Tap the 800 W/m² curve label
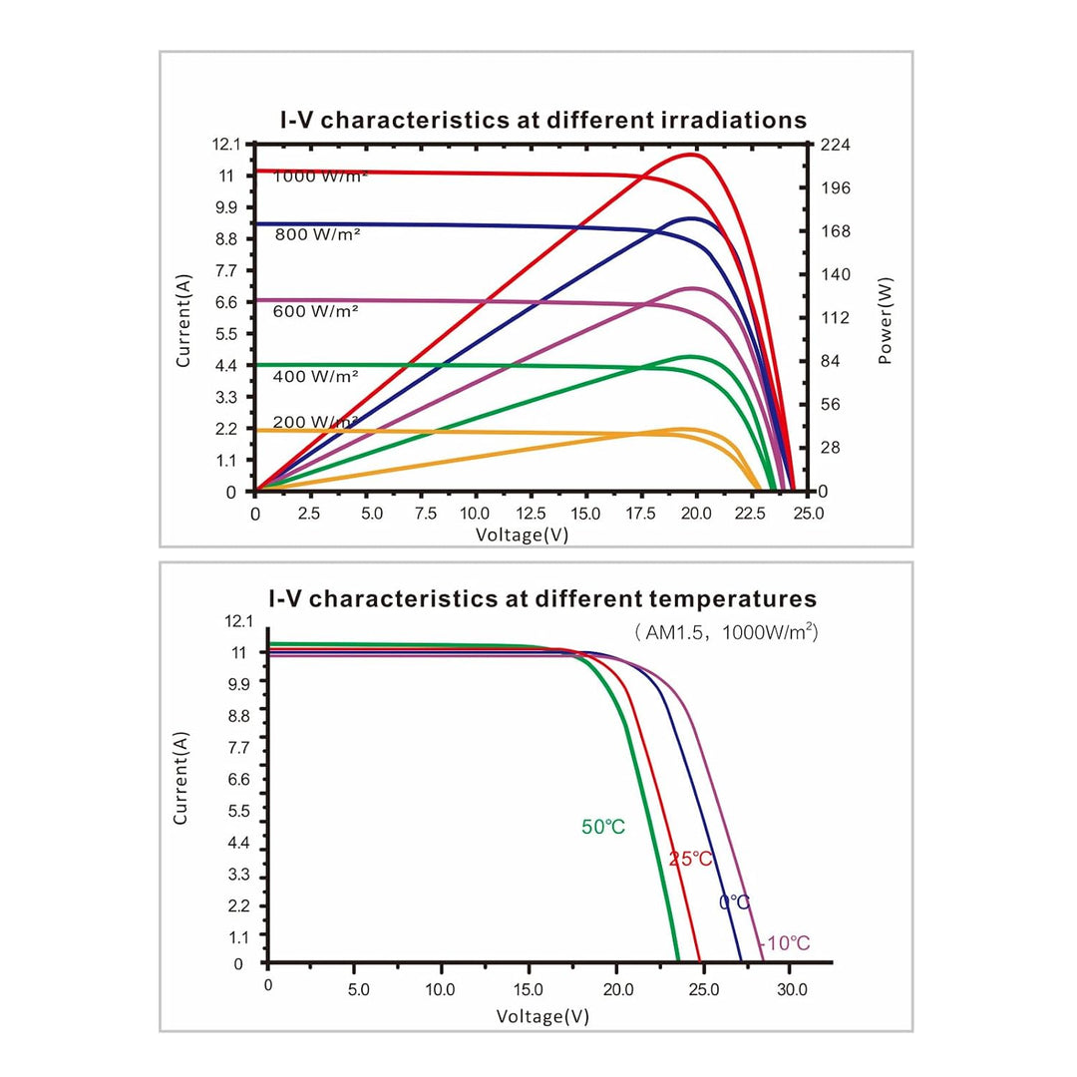coord(317,234)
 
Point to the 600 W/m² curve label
coord(315,311)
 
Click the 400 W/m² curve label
coord(315,376)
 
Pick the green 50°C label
coord(603,827)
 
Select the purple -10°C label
coord(785,943)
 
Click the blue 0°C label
coord(734,901)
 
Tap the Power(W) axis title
coord(886,321)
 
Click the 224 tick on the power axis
coord(836,145)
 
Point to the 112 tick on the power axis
coord(836,318)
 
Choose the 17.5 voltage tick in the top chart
coord(640,514)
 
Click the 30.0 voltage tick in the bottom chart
coord(792,990)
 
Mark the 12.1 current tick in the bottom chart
coord(238,621)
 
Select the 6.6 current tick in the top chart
coord(226,303)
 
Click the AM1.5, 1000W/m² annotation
coord(726,632)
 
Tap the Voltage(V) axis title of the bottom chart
coord(542,1016)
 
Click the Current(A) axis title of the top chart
coord(182,321)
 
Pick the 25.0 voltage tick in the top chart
coord(809,514)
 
